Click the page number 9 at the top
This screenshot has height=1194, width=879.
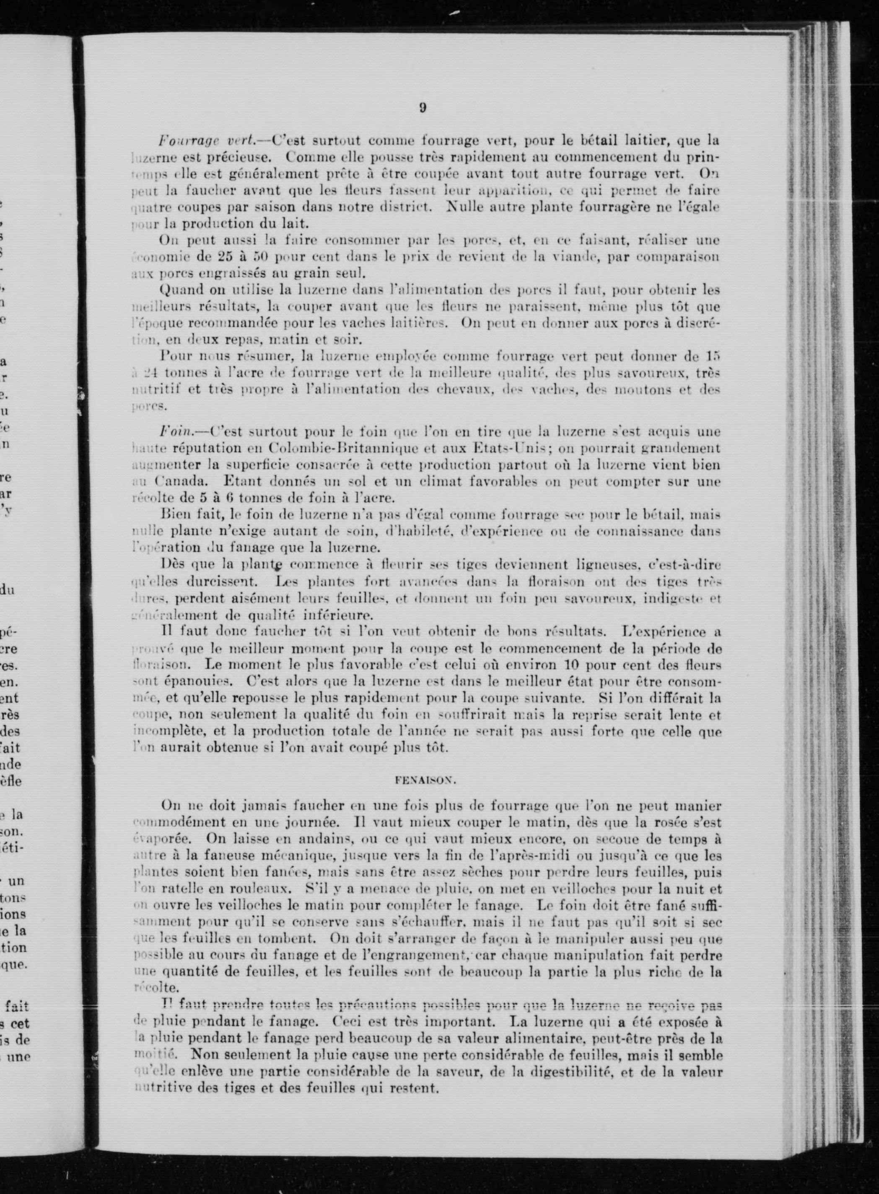422,107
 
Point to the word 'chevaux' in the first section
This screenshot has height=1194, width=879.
467,389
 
